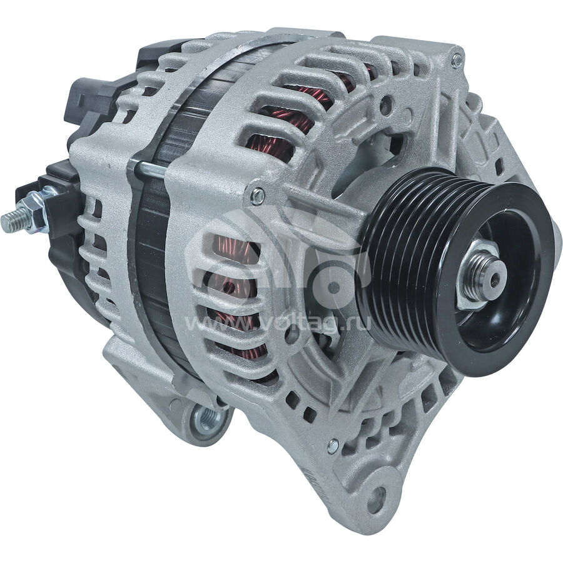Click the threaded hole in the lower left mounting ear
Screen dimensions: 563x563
(207, 419)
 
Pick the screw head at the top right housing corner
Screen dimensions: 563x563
(457, 61)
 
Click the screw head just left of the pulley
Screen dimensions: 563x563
(258, 196)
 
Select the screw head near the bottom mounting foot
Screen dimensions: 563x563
(333, 446)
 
